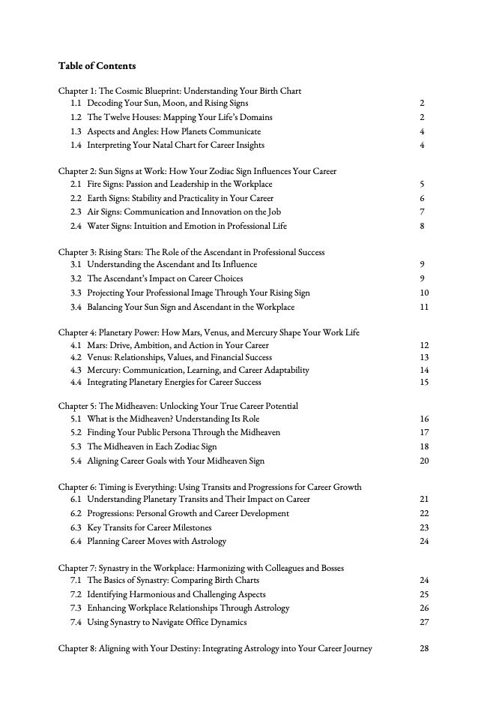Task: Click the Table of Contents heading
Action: [x=97, y=66]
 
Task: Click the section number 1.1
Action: [x=76, y=103]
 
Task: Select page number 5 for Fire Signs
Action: [x=423, y=184]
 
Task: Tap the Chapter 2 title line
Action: [x=197, y=171]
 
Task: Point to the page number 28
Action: [x=424, y=649]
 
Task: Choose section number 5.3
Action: [x=76, y=446]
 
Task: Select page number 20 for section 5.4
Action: [x=424, y=461]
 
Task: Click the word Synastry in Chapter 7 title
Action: [x=115, y=568]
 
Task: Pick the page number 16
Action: [x=424, y=419]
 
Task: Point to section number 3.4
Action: [x=76, y=307]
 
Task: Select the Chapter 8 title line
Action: [x=215, y=649]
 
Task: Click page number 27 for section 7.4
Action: [x=424, y=622]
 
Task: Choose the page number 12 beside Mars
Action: [x=424, y=345]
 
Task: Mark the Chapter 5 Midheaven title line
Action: [x=178, y=406]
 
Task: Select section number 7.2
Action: [x=76, y=594]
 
